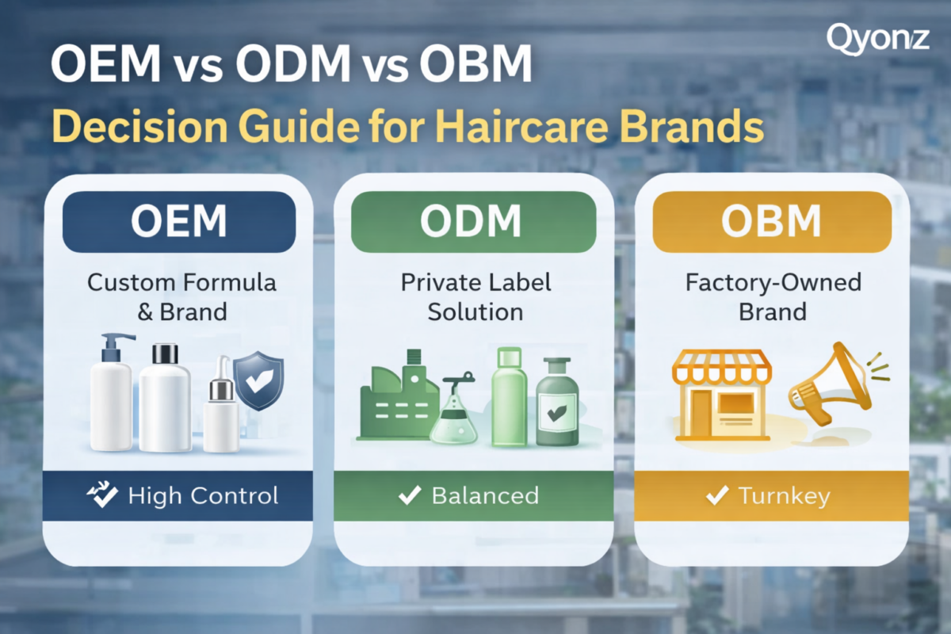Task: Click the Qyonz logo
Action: [x=877, y=40]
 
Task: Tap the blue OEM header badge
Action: [x=179, y=222]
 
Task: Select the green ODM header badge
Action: [x=473, y=222]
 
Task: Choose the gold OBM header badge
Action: [x=772, y=222]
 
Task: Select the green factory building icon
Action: [x=397, y=395]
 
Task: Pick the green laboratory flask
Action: [x=453, y=409]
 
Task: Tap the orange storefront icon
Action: [x=722, y=395]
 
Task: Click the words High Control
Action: [x=204, y=495]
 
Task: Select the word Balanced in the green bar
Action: [x=485, y=495]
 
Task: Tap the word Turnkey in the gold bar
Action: [x=784, y=496]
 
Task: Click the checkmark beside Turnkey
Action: [x=717, y=495]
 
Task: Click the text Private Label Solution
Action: [x=475, y=297]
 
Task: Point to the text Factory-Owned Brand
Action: [x=773, y=297]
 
